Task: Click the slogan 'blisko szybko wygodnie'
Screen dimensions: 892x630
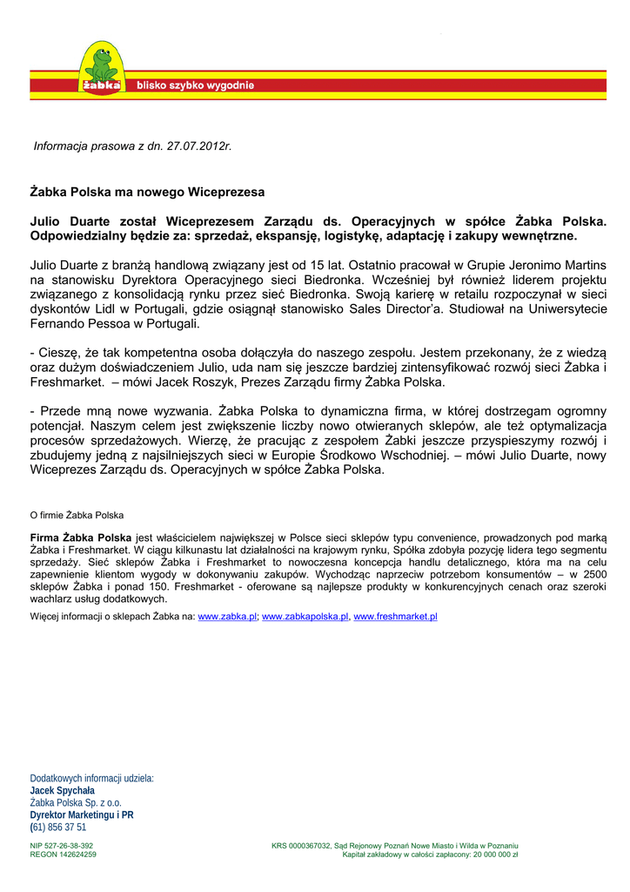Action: point(195,85)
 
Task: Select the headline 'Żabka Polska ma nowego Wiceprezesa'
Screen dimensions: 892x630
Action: point(147,191)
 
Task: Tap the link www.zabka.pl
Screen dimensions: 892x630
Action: point(227,616)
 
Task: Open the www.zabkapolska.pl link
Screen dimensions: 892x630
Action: point(305,616)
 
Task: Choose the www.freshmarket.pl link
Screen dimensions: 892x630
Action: point(395,616)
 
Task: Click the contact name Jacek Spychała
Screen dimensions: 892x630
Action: point(63,791)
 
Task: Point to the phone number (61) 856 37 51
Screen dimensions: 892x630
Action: point(58,828)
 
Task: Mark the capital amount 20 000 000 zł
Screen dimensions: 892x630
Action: point(495,855)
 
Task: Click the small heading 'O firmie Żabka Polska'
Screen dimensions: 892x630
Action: point(77,516)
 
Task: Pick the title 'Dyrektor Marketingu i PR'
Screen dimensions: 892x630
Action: point(82,815)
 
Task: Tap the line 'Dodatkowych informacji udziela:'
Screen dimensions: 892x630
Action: point(92,779)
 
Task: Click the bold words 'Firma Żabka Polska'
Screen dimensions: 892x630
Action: point(81,538)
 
